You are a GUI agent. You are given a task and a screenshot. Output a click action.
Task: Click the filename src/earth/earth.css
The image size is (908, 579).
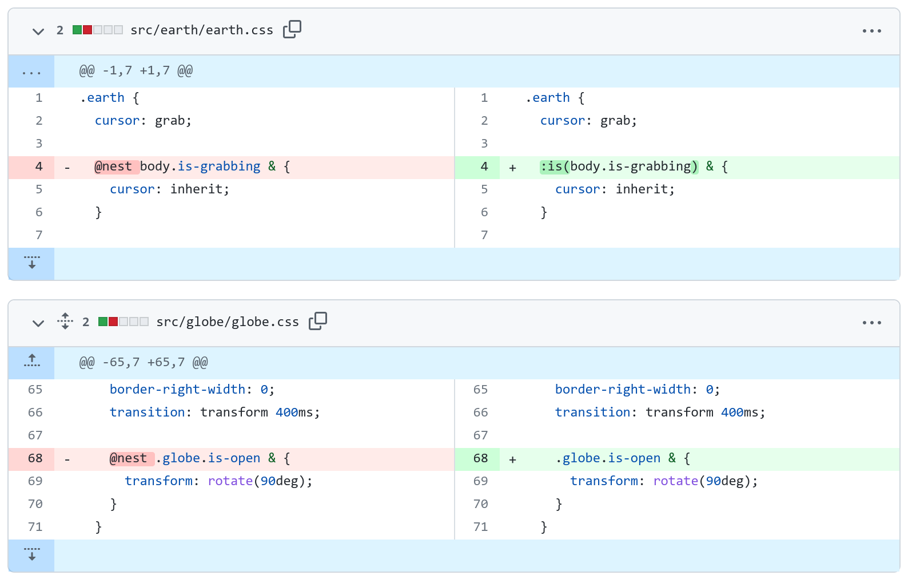point(201,30)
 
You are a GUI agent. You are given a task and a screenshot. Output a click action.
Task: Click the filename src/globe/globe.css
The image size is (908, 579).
point(228,322)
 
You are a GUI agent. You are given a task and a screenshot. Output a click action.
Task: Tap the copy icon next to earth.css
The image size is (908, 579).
point(292,29)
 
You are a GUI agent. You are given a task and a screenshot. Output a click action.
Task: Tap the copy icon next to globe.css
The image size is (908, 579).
point(318,321)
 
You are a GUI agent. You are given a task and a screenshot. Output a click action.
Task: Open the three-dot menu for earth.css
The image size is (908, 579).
point(871,31)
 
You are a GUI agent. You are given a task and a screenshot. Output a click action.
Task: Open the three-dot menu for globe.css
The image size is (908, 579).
point(871,323)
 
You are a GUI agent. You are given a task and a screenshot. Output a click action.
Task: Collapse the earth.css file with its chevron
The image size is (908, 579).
point(38,31)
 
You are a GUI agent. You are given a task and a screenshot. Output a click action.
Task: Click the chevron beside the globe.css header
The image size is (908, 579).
point(38,323)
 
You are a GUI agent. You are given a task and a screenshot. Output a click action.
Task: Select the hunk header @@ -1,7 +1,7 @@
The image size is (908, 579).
point(136,71)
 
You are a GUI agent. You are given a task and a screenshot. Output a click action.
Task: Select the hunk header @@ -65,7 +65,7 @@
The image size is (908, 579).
point(144,362)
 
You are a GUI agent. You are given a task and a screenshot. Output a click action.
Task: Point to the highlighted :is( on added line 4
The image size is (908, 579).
point(555,166)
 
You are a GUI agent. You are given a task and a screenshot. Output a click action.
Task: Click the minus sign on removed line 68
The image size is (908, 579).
point(67,459)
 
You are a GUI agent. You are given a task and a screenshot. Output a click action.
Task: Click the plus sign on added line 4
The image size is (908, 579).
point(512,168)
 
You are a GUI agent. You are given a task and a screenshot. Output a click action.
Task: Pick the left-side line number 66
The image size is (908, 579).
point(35,413)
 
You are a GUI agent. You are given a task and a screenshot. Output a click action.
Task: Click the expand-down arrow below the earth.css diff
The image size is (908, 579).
point(31,263)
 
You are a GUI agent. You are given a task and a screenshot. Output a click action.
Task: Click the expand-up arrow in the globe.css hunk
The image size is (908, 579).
point(31,360)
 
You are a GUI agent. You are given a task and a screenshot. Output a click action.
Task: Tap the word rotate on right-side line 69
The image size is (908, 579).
point(676,481)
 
